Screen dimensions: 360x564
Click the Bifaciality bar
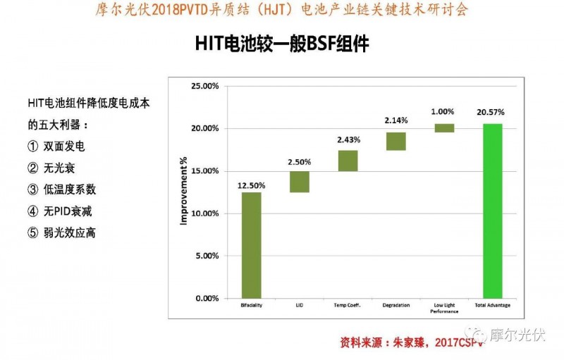point(252,244)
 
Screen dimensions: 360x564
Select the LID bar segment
point(300,181)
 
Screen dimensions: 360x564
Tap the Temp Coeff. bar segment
point(348,161)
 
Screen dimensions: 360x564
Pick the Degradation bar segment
point(396,141)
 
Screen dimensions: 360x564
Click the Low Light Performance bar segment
point(444,128)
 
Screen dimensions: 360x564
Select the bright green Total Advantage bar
point(492,211)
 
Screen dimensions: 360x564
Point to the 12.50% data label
point(252,185)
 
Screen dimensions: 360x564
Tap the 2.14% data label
point(396,120)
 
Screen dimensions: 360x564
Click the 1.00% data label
point(443,111)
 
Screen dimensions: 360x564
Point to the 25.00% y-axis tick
point(206,87)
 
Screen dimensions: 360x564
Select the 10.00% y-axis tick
point(206,213)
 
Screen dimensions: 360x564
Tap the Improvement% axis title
point(184,192)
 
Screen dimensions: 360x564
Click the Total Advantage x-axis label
point(492,306)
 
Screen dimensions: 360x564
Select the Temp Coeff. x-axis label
point(348,306)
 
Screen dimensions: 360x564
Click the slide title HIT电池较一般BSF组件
point(282,44)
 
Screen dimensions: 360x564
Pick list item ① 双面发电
point(56,147)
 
